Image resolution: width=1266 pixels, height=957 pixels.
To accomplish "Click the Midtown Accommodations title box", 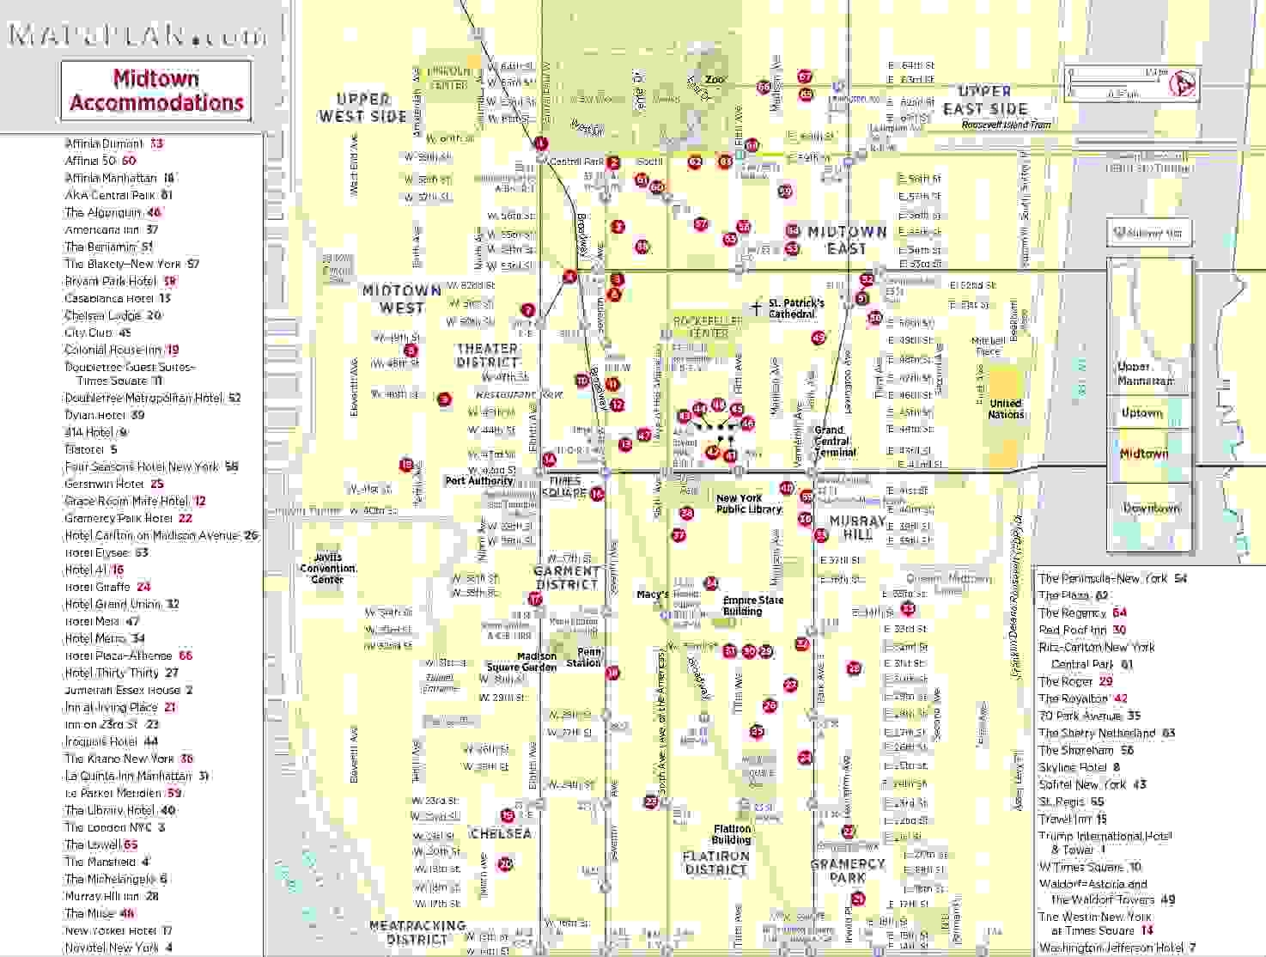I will pos(156,90).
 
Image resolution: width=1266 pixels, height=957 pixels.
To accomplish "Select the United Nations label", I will pos(1006,409).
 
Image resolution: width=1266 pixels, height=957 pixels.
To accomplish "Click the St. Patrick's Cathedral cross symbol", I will pos(756,307).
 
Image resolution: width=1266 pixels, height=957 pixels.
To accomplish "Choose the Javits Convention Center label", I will pos(327,568).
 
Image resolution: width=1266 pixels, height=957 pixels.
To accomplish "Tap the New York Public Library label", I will pos(749,503).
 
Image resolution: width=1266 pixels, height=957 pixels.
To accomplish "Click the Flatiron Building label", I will pos(731,834).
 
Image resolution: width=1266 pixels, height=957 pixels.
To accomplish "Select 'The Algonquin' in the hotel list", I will pos(103,212).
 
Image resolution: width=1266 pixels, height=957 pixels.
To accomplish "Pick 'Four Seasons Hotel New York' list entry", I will pos(142,466).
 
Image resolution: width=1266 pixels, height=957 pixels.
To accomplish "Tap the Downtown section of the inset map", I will pos(1151,508).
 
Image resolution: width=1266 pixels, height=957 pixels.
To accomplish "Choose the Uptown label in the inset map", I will pos(1141,413).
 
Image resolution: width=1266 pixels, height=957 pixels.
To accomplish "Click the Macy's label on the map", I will pos(652,594).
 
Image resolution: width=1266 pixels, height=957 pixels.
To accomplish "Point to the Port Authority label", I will pos(478,481).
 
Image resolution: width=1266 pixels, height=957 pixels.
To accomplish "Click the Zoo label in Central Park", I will pos(715,80).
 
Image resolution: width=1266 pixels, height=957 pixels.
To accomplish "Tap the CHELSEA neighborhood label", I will pos(501,833).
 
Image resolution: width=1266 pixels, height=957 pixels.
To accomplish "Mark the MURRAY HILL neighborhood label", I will pos(857,527).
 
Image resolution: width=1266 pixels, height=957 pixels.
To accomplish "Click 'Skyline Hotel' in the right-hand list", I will pos(1073,767).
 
